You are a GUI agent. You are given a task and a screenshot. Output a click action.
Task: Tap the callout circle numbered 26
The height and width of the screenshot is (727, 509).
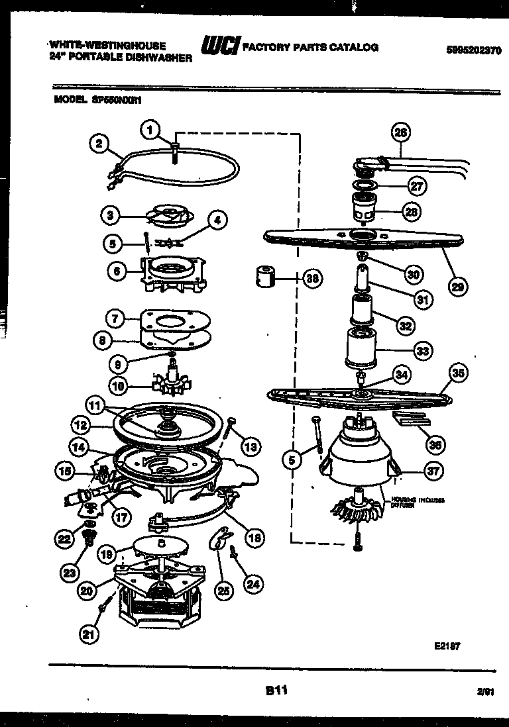[400, 132]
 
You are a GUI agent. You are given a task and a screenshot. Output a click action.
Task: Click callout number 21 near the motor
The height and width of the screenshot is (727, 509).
[89, 634]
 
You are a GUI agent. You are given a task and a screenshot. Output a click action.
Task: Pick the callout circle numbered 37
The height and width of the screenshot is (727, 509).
[433, 471]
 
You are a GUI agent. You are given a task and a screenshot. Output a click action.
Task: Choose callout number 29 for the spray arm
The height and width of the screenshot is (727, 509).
[457, 287]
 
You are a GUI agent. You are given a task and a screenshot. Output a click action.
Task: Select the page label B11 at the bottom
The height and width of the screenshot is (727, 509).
[276, 691]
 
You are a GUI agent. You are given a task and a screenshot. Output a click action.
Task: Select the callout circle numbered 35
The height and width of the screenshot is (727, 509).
[457, 373]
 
